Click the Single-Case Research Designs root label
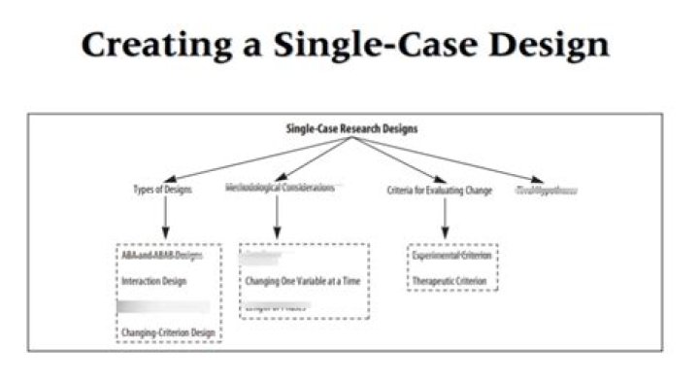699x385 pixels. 351,128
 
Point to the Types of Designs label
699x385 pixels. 162,190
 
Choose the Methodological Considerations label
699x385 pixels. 280,187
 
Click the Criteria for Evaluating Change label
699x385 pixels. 440,190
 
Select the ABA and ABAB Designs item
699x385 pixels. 162,256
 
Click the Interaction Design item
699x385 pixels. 154,281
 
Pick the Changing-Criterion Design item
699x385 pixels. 168,332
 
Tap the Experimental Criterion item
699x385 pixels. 452,256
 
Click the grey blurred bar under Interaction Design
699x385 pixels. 162,307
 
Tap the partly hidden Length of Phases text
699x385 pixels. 276,308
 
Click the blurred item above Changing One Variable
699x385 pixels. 264,257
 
